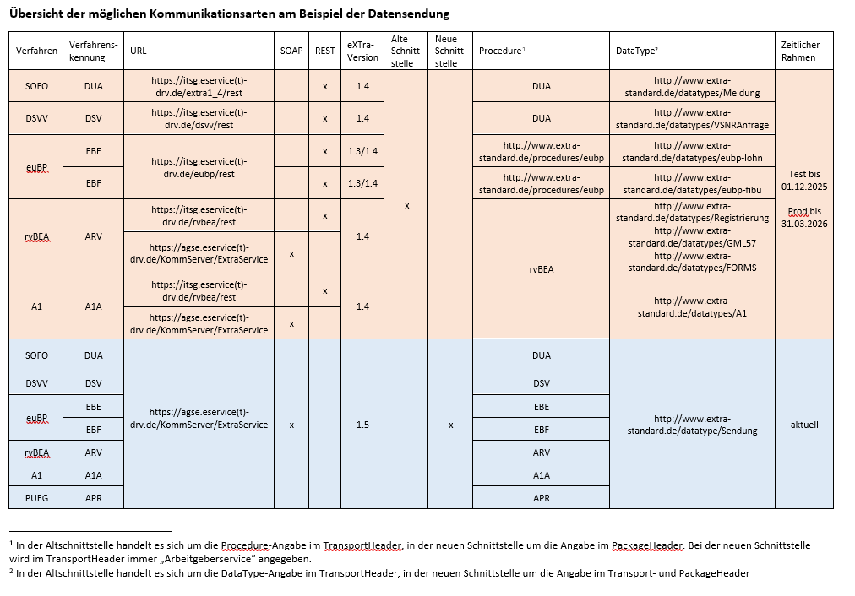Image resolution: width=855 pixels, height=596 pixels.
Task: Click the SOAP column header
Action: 291,51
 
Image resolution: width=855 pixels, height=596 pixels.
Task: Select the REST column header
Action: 324,51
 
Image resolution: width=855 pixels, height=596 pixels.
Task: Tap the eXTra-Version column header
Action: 362,51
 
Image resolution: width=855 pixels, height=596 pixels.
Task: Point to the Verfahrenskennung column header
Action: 93,51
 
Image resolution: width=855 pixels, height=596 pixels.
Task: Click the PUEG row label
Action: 36,498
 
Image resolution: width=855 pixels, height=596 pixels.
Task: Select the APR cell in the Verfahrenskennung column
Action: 93,498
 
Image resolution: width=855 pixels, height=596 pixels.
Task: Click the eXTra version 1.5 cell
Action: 362,425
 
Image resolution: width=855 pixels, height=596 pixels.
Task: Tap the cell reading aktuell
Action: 804,425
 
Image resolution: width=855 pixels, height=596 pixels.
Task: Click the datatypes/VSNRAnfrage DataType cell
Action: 692,119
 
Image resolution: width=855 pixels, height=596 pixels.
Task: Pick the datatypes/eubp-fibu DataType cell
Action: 692,183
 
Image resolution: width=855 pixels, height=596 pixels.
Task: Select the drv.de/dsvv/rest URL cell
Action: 199,119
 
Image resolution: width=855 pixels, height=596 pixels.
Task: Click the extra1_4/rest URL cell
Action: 199,86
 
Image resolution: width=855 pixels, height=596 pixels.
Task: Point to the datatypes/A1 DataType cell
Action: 692,306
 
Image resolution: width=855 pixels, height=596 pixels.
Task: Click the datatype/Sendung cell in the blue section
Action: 692,425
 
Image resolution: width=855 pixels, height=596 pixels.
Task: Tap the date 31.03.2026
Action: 804,224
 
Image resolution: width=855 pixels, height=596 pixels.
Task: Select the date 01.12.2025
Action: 804,185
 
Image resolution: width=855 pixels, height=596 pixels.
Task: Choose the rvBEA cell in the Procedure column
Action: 542,270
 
